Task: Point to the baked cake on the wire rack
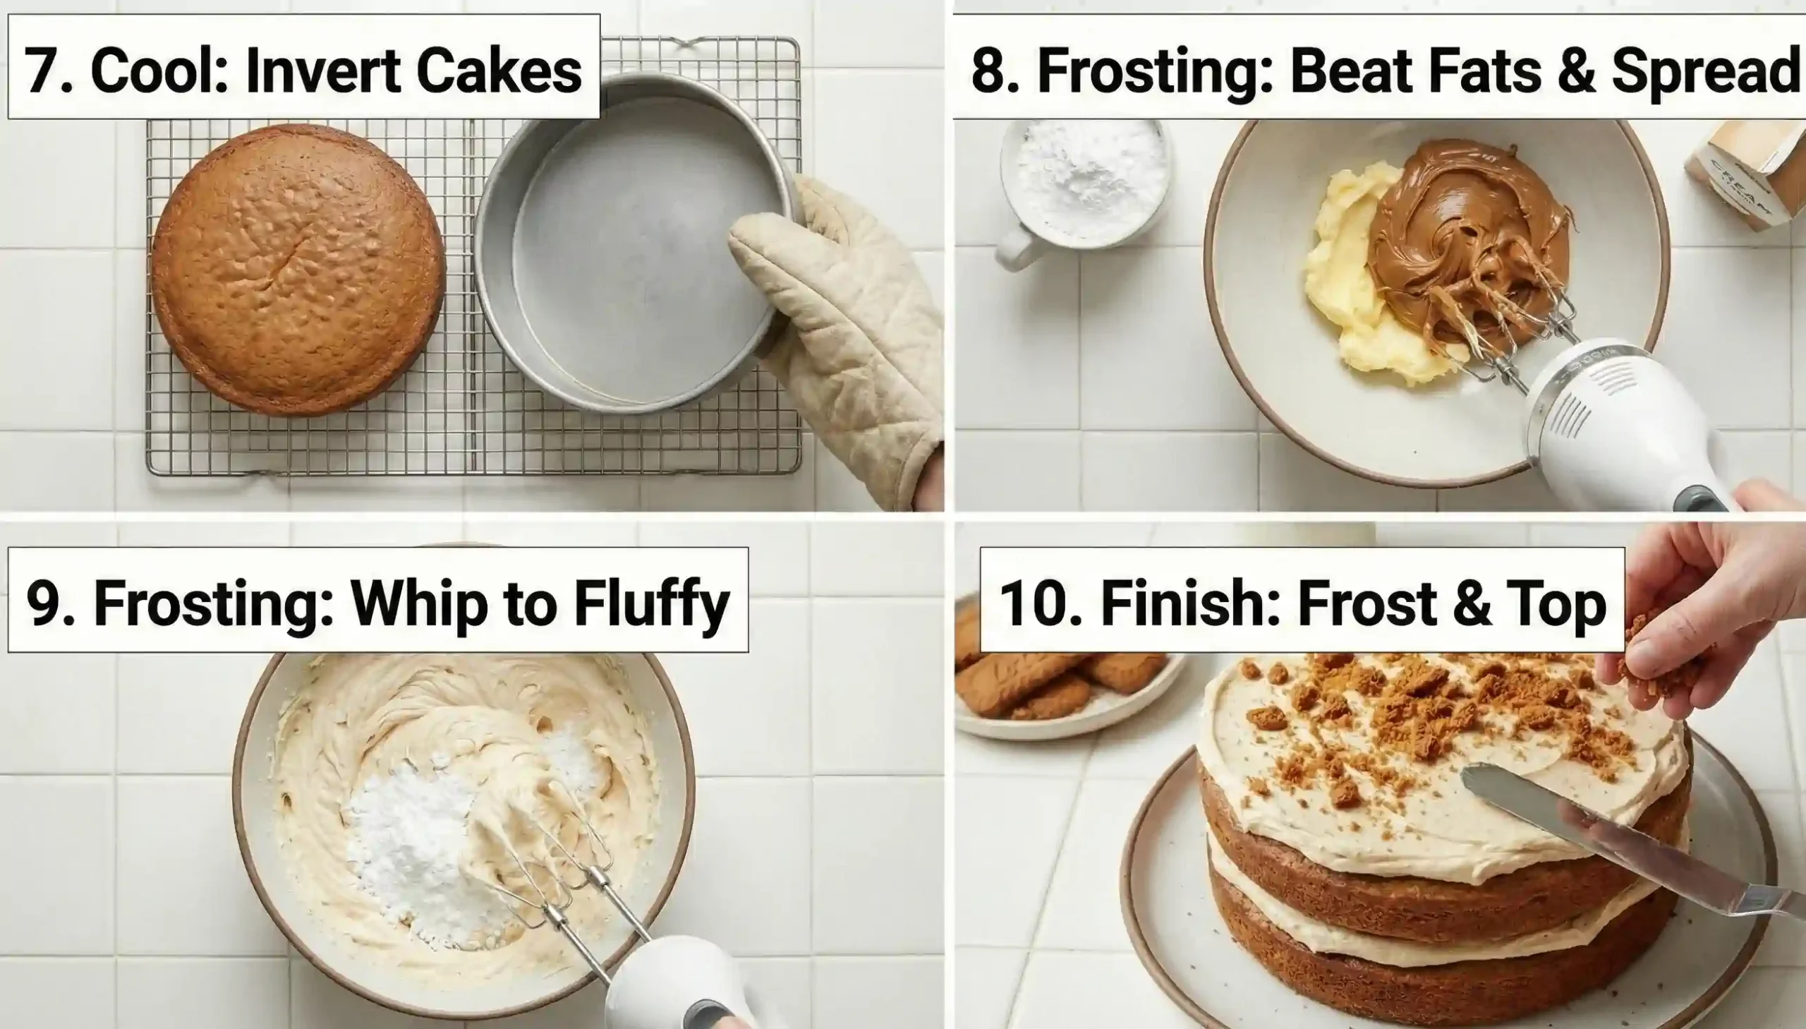coord(297,269)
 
